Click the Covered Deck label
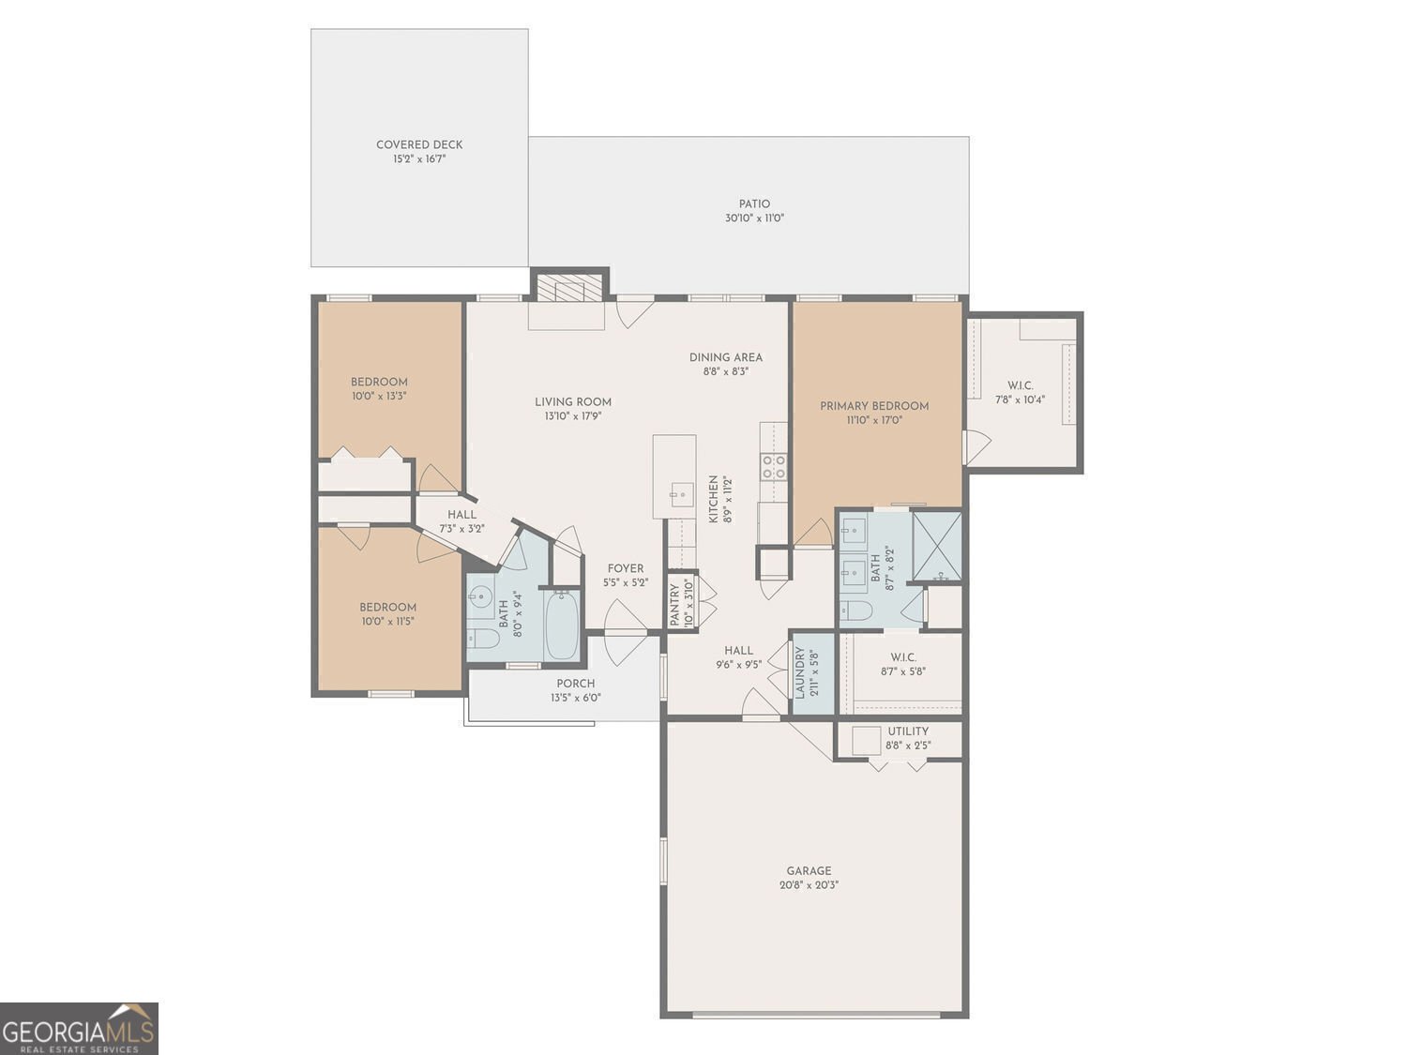(x=419, y=144)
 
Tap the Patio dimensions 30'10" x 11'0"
(x=754, y=218)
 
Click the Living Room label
(x=573, y=402)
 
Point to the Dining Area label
(x=726, y=357)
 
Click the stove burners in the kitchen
(x=774, y=466)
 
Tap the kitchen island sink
(x=682, y=494)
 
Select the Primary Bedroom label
(x=874, y=406)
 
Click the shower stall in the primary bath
(x=936, y=547)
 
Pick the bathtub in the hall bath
(x=562, y=625)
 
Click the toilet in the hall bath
(x=483, y=638)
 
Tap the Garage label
(x=809, y=870)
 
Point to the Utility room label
(x=908, y=731)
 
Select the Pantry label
(x=674, y=605)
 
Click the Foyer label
(x=626, y=569)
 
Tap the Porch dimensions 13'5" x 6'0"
(x=576, y=698)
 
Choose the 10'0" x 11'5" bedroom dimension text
(x=387, y=621)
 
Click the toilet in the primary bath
(x=855, y=610)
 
